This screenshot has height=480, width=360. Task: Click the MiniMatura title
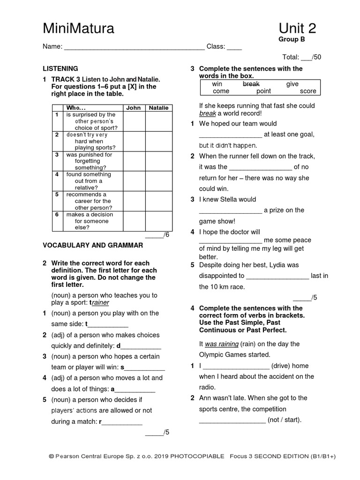[x=78, y=29]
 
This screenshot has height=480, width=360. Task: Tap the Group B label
[x=292, y=39]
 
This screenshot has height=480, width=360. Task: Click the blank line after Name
[x=134, y=47]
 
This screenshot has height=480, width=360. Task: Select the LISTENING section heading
[x=60, y=68]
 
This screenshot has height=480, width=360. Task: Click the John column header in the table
[x=134, y=108]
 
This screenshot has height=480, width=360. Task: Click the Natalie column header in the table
[x=158, y=108]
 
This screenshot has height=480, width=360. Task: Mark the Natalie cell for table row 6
[x=158, y=221]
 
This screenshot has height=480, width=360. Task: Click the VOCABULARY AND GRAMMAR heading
[x=93, y=245]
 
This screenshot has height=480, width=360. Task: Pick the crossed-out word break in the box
[x=251, y=84]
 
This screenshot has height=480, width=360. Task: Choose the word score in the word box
[x=308, y=91]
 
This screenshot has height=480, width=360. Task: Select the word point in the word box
[x=263, y=91]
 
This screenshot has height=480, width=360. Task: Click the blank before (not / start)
[x=232, y=420]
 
